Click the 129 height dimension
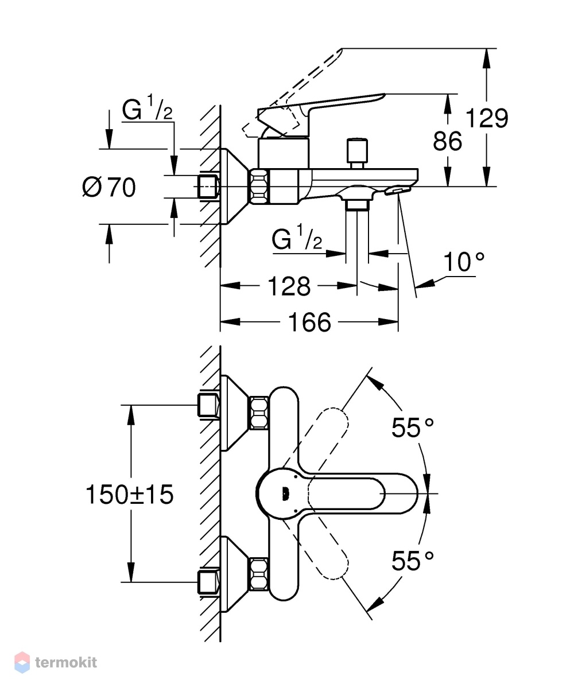click(x=487, y=118)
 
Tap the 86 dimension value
click(x=447, y=141)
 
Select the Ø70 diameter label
click(x=109, y=188)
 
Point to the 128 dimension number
click(x=289, y=286)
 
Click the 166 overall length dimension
click(x=309, y=322)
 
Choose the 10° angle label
click(x=463, y=262)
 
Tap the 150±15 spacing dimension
click(x=130, y=495)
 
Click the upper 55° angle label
click(x=413, y=427)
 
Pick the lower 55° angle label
click(x=413, y=561)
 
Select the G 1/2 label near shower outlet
click(x=297, y=238)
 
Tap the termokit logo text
click(x=66, y=662)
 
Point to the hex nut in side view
click(x=259, y=186)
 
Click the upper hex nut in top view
click(x=259, y=413)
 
